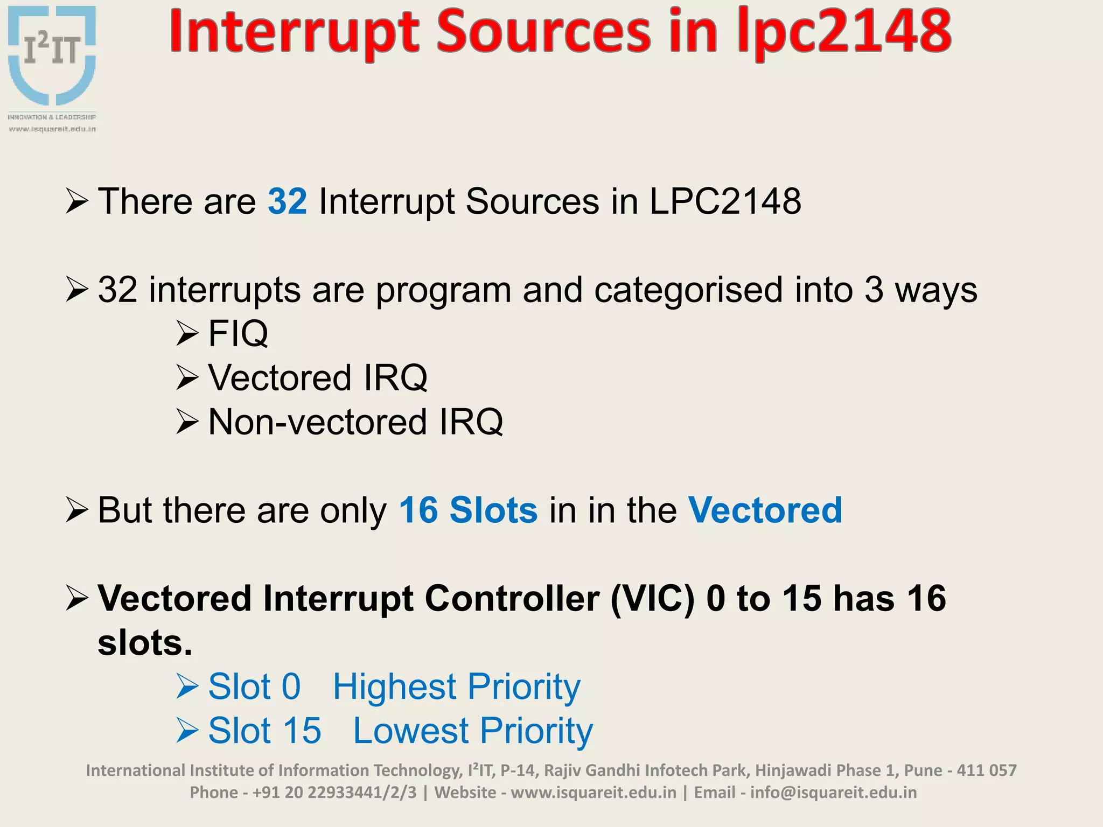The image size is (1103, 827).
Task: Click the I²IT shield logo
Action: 52,57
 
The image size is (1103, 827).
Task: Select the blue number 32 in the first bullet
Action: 287,202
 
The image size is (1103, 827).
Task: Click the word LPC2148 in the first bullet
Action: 725,202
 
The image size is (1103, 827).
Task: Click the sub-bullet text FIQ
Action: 238,334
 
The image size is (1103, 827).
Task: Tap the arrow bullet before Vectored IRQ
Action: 187,377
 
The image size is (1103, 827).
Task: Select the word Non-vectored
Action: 318,422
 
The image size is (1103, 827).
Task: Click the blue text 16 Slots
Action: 467,510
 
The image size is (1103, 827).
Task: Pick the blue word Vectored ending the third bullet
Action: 765,510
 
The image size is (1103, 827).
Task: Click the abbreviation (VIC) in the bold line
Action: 652,599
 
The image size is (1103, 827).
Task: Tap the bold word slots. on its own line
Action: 144,643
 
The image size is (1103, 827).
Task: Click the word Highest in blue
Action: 394,687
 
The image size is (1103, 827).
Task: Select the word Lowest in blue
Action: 410,731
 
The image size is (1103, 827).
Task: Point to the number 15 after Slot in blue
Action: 302,731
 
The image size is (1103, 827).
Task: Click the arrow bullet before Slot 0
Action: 187,687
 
